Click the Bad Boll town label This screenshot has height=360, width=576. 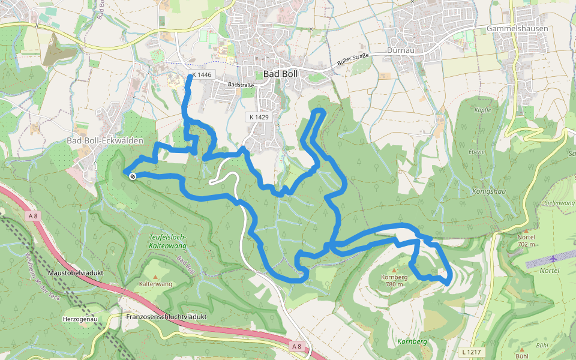280,74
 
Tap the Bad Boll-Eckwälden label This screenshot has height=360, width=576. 105,140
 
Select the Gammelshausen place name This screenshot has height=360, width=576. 518,28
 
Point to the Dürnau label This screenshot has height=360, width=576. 401,50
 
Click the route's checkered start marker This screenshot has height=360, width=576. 132,175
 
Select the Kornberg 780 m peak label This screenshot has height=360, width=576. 394,280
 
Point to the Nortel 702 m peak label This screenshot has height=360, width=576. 526,240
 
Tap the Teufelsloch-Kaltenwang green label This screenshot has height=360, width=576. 167,241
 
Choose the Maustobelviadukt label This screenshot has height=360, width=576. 78,272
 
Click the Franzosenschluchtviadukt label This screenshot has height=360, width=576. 167,316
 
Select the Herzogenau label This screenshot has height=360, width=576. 80,319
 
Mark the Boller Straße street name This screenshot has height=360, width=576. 352,61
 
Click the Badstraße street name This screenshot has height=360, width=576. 241,85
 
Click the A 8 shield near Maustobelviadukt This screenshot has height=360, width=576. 33,215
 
